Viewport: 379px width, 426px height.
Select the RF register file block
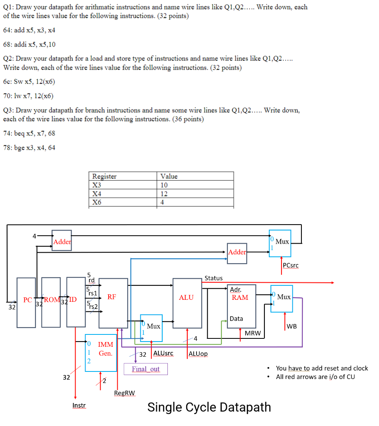pos(113,303)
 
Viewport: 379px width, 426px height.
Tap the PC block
pos(27,302)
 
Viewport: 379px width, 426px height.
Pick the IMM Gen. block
pos(101,348)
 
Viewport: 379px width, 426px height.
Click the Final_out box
pos(146,369)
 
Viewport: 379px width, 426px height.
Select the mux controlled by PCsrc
pos(280,243)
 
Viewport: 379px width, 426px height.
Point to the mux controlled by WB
pos(282,299)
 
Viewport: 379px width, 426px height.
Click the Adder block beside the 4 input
pos(62,240)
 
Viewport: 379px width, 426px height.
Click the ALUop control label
pos(198,354)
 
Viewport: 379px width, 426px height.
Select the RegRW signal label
pos(124,393)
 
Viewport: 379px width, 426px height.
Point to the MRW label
pos(253,333)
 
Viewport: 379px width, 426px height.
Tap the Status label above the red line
pos(214,278)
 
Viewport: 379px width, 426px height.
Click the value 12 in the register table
pos(164,193)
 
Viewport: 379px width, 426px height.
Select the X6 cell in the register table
pos(97,202)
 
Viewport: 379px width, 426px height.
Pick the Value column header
pos(169,176)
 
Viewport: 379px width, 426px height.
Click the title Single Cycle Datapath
pos(209,407)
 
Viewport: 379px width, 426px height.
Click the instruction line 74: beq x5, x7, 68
pos(29,133)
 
